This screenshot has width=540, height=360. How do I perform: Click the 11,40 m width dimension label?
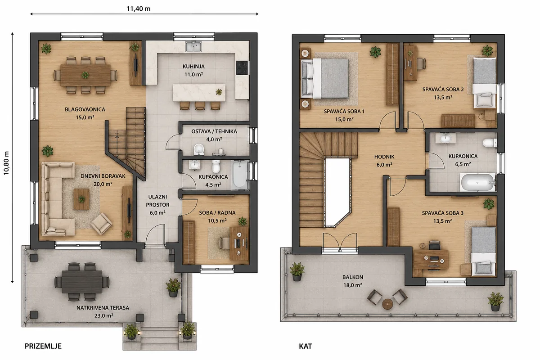tap(139, 9)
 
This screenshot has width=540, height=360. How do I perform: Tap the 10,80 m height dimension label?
tap(6, 163)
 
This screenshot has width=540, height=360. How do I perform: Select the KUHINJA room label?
tap(193, 66)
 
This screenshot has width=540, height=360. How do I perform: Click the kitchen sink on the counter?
tap(193, 46)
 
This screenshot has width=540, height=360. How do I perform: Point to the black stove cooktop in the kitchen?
tap(242, 68)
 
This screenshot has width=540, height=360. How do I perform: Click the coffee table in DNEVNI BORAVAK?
tap(81, 199)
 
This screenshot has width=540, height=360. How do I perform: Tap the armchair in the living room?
tap(101, 224)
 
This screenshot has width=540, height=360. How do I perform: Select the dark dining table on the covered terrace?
tap(82, 282)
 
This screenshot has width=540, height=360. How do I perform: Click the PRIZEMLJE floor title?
tap(43, 346)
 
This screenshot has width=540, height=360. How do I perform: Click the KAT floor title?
tap(306, 346)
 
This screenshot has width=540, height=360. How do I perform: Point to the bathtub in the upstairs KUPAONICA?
tap(477, 182)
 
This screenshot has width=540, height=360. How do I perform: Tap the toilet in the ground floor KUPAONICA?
tap(216, 166)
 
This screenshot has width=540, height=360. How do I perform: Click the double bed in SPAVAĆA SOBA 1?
tap(325, 79)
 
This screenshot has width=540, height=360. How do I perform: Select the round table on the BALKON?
tap(387, 304)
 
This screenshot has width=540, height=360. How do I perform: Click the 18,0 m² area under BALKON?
tap(353, 285)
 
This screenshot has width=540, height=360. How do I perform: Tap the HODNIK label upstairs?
tap(384, 157)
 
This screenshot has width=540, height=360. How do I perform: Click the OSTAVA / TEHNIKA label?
tap(214, 131)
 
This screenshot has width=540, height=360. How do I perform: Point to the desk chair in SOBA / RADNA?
tap(225, 243)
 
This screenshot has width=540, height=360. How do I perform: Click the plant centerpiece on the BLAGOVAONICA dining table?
tap(85, 75)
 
